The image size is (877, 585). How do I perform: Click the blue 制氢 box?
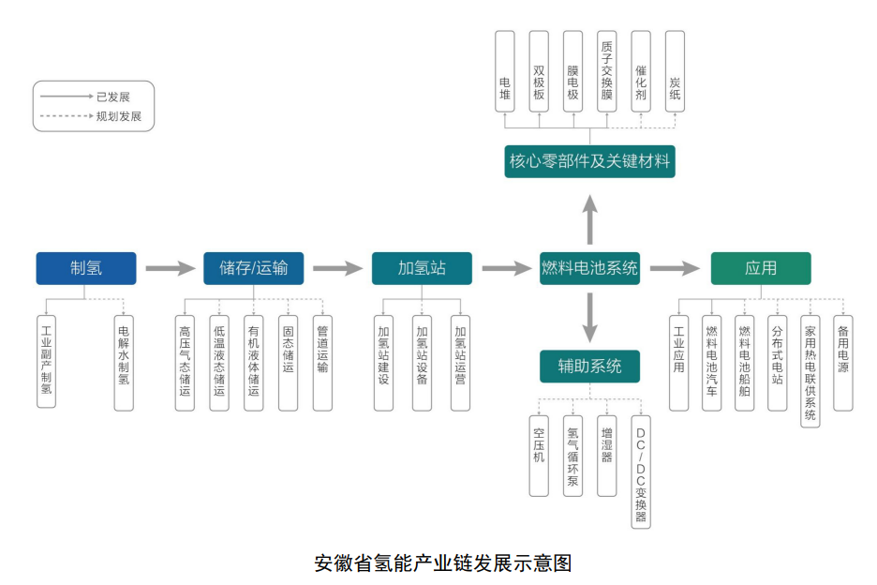coord(86,268)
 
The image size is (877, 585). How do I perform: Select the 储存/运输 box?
coord(253,268)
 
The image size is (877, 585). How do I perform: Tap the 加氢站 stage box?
coord(422,268)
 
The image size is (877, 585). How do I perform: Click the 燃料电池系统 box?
coord(589,268)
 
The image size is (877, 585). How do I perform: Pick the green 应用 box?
coord(761,268)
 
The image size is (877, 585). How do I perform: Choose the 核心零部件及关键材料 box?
coord(589,161)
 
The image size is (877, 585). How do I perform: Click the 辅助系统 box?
coord(589,367)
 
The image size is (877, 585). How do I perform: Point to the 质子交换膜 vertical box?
coord(607,71)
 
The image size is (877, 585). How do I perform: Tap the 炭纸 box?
coord(675,71)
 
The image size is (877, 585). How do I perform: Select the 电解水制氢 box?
coord(124,363)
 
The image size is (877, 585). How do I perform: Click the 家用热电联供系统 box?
coord(810,371)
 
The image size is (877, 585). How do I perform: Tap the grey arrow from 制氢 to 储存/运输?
coord(170,269)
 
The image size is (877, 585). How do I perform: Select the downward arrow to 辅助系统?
coord(589,317)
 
